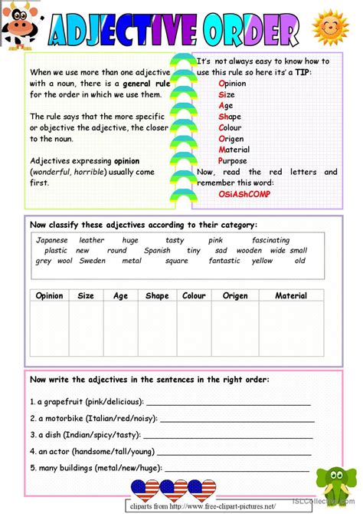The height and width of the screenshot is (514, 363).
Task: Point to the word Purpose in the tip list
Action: pyautogui.click(x=233, y=161)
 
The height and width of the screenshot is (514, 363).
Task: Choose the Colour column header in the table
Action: pyautogui.click(x=194, y=295)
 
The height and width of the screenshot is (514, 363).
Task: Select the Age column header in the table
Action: pyautogui.click(x=119, y=295)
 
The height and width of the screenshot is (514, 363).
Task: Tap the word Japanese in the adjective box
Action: pyautogui.click(x=52, y=240)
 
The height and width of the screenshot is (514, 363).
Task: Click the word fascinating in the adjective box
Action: pyautogui.click(x=270, y=240)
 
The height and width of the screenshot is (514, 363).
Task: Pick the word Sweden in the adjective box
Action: pyautogui.click(x=93, y=261)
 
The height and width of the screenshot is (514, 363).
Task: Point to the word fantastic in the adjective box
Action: pyautogui.click(x=224, y=261)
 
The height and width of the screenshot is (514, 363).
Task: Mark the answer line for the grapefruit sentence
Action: pyautogui.click(x=228, y=402)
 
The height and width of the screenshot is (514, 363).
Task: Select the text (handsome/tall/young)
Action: pyautogui.click(x=114, y=451)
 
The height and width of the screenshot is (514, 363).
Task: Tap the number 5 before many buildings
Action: pyautogui.click(x=31, y=467)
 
